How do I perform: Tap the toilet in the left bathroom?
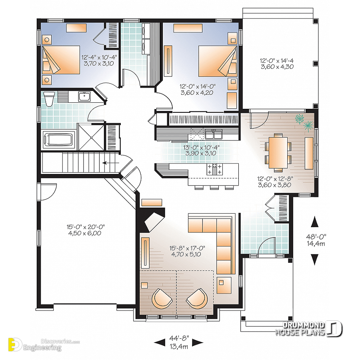48,99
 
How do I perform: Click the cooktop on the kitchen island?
214,169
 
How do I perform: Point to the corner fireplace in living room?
154,220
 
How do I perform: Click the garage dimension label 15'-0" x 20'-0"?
86,230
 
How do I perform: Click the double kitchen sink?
212,132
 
